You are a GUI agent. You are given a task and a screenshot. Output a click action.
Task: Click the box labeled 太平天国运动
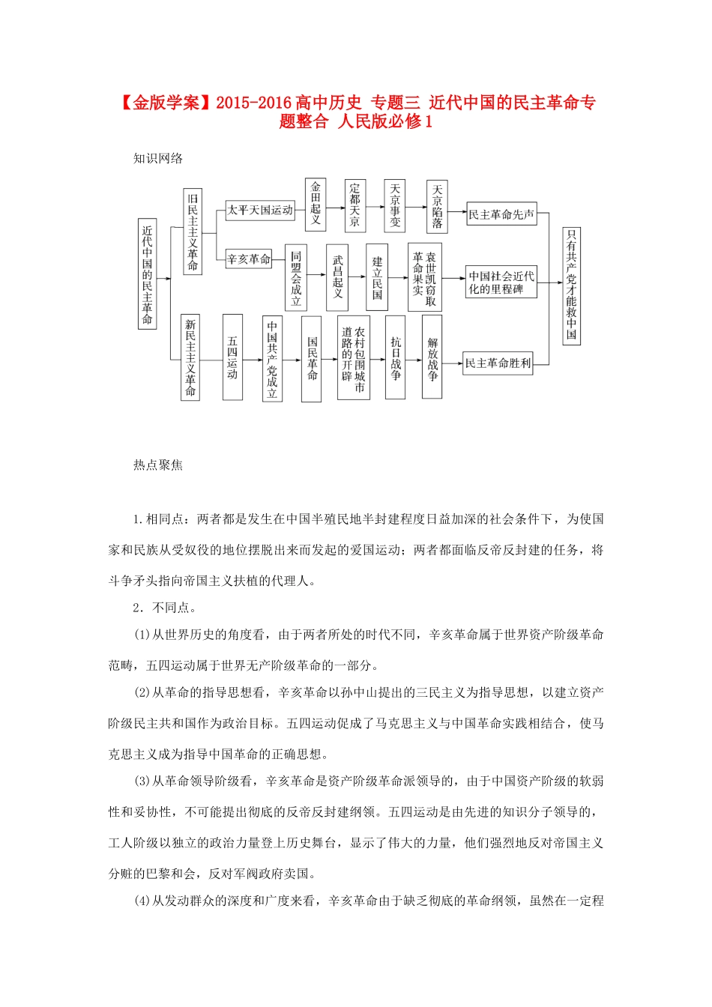point(260,211)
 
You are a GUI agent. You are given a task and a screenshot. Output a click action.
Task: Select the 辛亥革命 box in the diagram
point(249,259)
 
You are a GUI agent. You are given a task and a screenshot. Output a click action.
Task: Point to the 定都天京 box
point(355,205)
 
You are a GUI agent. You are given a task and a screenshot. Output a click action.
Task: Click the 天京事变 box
point(395,205)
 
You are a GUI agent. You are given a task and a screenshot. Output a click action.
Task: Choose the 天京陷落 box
point(437,205)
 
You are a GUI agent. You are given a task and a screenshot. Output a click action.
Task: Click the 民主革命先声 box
point(501,215)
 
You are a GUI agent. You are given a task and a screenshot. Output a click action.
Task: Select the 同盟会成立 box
point(296,277)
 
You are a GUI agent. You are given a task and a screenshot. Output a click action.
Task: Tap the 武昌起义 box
point(337,277)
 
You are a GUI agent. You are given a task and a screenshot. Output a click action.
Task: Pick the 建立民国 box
point(377,277)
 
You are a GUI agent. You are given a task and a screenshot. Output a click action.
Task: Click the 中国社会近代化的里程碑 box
point(501,282)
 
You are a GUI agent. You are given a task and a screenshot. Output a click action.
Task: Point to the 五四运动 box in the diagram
point(232,357)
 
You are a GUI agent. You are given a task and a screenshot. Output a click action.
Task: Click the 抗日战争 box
point(395,358)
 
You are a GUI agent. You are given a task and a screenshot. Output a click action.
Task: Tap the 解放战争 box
point(432,357)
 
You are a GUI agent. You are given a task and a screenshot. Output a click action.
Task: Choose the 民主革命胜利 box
point(498,363)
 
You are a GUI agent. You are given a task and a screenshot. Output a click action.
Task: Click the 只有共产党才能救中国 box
point(572,285)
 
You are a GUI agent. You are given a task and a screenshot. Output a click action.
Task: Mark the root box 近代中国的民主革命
point(147,274)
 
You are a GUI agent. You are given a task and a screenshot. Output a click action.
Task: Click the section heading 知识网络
point(158,159)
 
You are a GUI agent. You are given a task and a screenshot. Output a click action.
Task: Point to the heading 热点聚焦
point(158,465)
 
